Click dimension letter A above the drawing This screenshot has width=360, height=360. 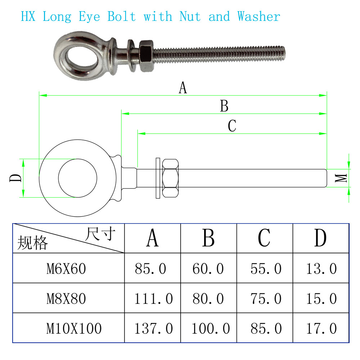click(183, 87)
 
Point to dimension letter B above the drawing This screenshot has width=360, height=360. click(224, 106)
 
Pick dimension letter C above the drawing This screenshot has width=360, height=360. click(232, 126)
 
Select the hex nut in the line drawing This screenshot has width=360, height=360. click(171, 178)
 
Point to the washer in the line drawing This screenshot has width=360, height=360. click(158, 178)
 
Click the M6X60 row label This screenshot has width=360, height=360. click(66, 269)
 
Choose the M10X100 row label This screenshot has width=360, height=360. click(74, 328)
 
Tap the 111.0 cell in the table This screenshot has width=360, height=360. click(153, 298)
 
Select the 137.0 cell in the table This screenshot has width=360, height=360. click(153, 328)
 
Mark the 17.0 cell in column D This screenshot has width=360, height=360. click(321, 328)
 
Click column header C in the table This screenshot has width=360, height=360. click(264, 238)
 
